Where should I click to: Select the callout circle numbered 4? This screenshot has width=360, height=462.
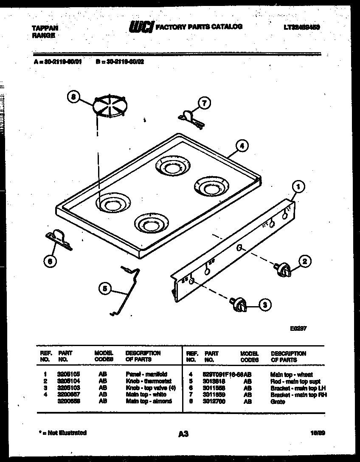(x=241, y=146)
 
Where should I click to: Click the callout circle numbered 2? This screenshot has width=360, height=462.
(x=304, y=262)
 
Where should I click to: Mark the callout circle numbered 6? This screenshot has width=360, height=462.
(x=50, y=262)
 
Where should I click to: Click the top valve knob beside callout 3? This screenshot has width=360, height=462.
(x=239, y=304)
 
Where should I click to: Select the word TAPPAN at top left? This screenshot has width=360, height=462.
(x=45, y=28)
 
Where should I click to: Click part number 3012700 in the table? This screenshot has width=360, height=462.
(x=214, y=402)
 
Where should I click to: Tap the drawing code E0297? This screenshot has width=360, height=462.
(x=298, y=328)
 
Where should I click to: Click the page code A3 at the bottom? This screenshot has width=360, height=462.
(x=183, y=434)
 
